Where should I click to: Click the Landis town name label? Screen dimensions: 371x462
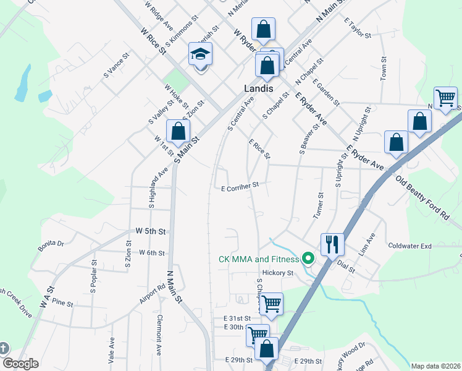coord(257,89)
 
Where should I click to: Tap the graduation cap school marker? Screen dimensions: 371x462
coord(200,56)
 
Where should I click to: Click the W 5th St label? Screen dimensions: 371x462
coord(151,231)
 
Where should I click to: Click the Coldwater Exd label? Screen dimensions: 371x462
coord(409,245)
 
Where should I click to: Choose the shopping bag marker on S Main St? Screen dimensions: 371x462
coord(178,131)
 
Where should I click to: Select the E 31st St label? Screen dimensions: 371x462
coord(237,318)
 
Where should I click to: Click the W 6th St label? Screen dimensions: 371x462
coord(152,252)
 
